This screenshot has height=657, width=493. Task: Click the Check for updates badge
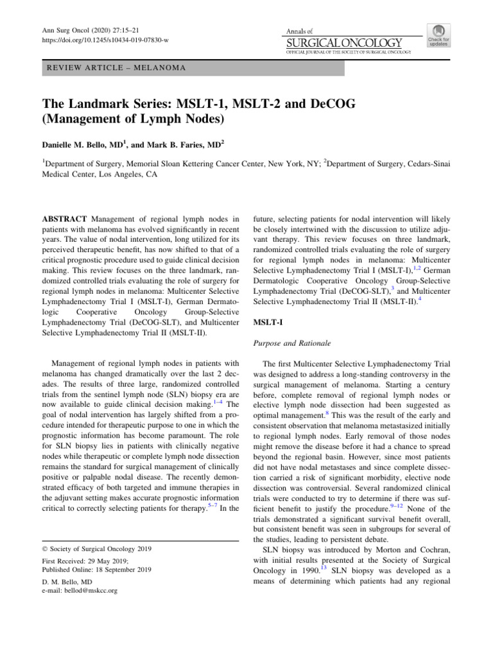tap(438, 35)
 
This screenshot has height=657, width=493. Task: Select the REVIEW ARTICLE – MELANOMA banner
tap(192, 68)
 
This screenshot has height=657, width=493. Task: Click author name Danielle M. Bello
tap(83, 145)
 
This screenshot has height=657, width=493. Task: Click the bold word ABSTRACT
tap(62, 219)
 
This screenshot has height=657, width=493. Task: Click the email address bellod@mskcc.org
tap(87, 590)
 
